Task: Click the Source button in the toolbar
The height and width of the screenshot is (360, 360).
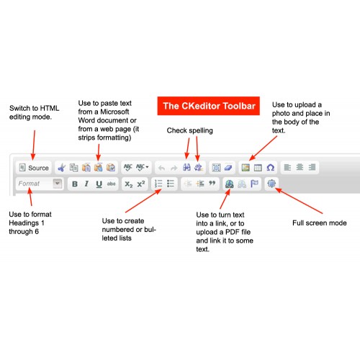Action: pyautogui.click(x=34, y=168)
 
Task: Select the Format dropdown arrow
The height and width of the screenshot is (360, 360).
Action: pyautogui.click(x=58, y=184)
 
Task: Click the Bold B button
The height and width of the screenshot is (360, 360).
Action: pyautogui.click(x=75, y=184)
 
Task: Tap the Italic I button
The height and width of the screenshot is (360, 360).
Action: pyautogui.click(x=86, y=184)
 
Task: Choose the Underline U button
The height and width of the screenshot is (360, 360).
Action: pyautogui.click(x=99, y=184)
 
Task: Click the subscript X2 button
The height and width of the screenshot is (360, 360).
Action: pyautogui.click(x=129, y=184)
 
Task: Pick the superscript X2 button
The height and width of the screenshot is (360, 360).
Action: pyautogui.click(x=141, y=184)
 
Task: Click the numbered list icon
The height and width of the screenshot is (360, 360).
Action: pyautogui.click(x=158, y=184)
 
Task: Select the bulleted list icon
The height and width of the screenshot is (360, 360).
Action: pyautogui.click(x=171, y=184)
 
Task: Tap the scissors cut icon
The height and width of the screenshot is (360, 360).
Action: pyautogui.click(x=62, y=168)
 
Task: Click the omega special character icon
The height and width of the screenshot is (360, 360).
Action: pyautogui.click(x=271, y=168)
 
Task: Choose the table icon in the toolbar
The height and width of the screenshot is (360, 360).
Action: pyautogui.click(x=258, y=168)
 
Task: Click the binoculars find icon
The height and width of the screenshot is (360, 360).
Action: pyautogui.click(x=186, y=167)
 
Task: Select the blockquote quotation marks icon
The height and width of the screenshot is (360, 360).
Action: pyautogui.click(x=212, y=184)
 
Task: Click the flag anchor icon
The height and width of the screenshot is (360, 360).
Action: pyautogui.click(x=254, y=184)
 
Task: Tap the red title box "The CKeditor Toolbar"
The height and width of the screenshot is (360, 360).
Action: pyautogui.click(x=209, y=106)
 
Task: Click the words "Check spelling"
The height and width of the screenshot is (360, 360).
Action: pyautogui.click(x=189, y=130)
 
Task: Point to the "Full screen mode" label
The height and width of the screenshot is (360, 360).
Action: pyautogui.click(x=320, y=223)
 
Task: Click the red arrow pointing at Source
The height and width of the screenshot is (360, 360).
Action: pyautogui.click(x=34, y=145)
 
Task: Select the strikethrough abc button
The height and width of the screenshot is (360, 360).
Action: pyautogui.click(x=111, y=184)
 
